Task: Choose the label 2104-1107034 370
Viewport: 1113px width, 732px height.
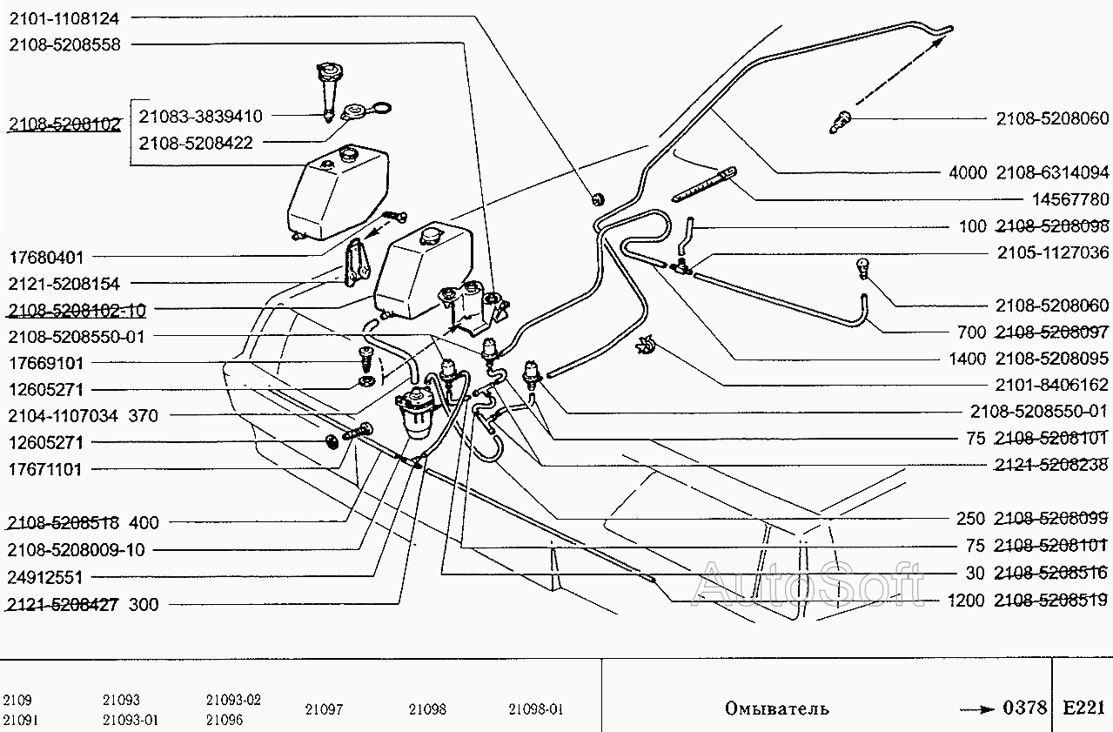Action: pyautogui.click(x=83, y=416)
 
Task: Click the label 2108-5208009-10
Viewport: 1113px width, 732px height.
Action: pyautogui.click(x=76, y=550)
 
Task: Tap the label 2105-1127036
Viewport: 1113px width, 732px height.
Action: pyautogui.click(x=1053, y=253)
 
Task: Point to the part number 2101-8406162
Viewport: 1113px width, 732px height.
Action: pyautogui.click(x=1053, y=384)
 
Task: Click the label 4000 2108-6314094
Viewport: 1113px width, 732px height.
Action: pyautogui.click(x=1029, y=172)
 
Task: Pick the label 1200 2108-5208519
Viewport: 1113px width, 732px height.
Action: pyautogui.click(x=1029, y=601)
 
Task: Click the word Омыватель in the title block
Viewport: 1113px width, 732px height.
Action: pyautogui.click(x=777, y=708)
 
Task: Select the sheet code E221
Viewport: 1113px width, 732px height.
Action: pyautogui.click(x=1083, y=708)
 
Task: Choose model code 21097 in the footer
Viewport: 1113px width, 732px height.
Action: pyautogui.click(x=324, y=709)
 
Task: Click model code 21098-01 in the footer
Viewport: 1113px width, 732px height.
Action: pyautogui.click(x=536, y=709)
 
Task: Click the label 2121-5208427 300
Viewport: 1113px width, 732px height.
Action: pyautogui.click(x=83, y=604)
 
